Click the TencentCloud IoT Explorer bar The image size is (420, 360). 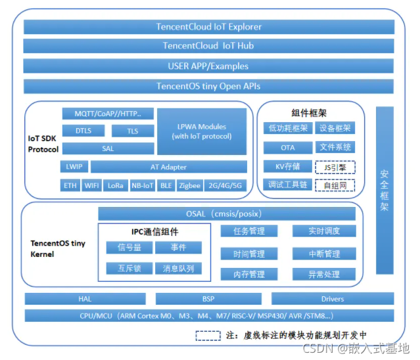tap(209, 27)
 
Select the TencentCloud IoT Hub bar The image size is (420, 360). tap(209, 46)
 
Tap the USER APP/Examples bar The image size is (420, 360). tap(209, 66)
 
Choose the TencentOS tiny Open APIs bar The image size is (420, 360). tap(209, 86)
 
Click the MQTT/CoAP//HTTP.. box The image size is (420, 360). tap(108, 114)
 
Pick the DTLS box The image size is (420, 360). tap(83, 131)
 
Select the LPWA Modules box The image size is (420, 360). tap(201, 131)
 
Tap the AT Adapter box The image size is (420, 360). tap(168, 167)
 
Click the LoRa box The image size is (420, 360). tap(116, 185)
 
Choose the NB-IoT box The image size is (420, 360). tap(142, 185)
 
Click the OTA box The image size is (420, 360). tap(287, 148)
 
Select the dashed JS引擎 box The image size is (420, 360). tap(335, 167)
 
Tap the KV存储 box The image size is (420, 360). tap(287, 167)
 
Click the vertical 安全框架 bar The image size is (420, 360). tap(385, 190)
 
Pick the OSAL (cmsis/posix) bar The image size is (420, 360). tap(227, 214)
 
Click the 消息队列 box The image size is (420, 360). tap(178, 268)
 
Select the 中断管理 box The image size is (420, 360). tap(324, 254)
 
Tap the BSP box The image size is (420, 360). tap(208, 299)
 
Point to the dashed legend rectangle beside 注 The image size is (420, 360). tap(208, 334)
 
